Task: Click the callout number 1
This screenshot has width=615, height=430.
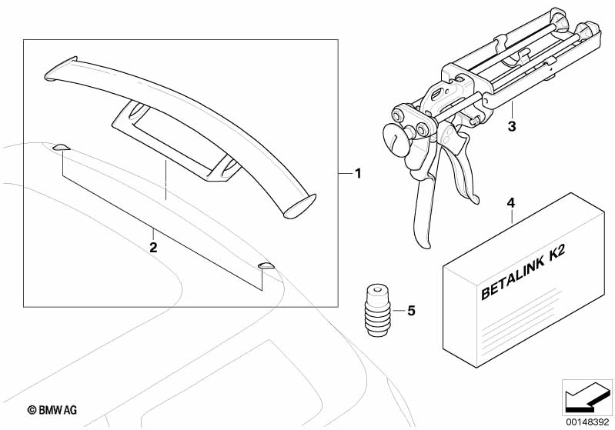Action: (x=358, y=173)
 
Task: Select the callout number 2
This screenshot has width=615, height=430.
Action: (x=153, y=248)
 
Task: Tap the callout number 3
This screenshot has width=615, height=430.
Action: (x=512, y=127)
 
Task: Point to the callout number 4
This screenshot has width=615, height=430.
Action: (x=511, y=203)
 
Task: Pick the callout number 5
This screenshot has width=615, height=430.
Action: (x=411, y=311)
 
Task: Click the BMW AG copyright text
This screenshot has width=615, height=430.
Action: (x=52, y=410)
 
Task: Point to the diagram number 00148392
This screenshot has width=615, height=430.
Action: (x=587, y=422)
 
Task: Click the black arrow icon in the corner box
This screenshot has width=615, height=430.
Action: (x=587, y=396)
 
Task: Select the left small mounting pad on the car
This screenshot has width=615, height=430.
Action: (x=62, y=148)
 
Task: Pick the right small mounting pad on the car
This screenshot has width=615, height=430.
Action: (x=266, y=265)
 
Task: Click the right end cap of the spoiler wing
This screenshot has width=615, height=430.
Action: (x=300, y=206)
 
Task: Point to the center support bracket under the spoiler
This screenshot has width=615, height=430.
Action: (x=176, y=141)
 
